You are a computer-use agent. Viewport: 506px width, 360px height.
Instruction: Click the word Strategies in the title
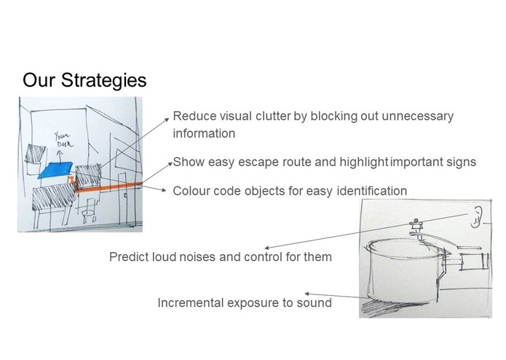tap(103, 81)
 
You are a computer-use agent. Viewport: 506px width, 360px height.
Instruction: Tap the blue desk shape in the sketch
tap(55, 170)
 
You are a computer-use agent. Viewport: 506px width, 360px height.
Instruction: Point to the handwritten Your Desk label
tap(63, 139)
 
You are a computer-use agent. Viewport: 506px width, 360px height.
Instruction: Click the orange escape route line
tap(108, 187)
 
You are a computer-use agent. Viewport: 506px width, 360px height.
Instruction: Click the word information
tap(204, 133)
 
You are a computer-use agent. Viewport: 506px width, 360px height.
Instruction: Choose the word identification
tap(372, 191)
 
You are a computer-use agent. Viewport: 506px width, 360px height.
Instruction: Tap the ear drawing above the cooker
tap(475, 217)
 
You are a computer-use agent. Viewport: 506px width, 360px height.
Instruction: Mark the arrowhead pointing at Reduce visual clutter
tap(167, 120)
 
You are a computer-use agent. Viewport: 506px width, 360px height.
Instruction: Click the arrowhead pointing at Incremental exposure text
tap(307, 294)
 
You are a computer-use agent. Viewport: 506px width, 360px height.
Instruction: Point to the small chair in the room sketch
tap(89, 211)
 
